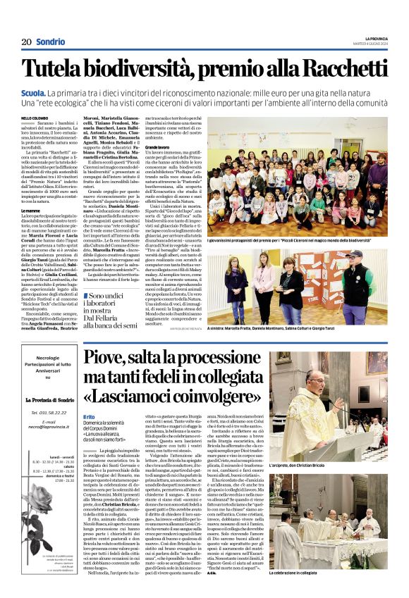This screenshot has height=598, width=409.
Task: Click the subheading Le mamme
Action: [31, 210]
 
